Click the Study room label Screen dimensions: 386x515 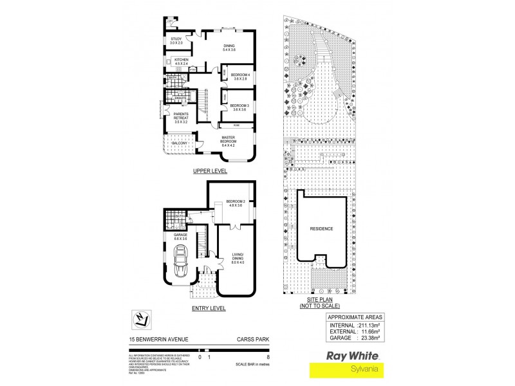pos(176,41)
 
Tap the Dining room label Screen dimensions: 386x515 pos(229,48)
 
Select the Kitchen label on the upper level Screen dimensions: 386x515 pos(181,62)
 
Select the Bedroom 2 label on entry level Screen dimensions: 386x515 pos(235,204)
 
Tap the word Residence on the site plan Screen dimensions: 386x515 pos(321,228)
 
